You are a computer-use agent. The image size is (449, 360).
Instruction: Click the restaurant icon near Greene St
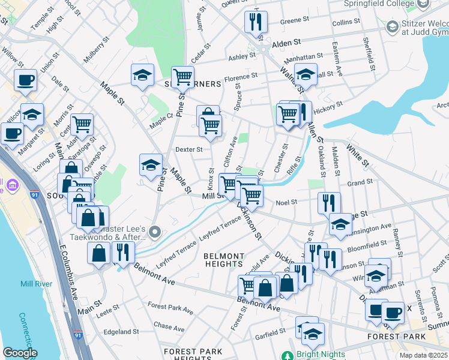click(x=256, y=22)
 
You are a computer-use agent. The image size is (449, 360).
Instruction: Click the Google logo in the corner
click(x=20, y=353)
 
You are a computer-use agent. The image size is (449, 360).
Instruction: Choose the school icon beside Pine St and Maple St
click(x=151, y=166)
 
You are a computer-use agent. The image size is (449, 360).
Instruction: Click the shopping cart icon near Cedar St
click(x=182, y=77)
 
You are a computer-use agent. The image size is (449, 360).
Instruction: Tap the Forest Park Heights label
click(x=193, y=355)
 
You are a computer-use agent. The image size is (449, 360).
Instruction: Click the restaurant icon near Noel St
click(x=329, y=203)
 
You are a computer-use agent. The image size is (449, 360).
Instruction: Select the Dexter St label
click(x=188, y=149)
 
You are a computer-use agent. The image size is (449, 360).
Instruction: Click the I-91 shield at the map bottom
click(x=78, y=335)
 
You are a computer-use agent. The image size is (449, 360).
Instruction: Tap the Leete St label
click(x=108, y=312)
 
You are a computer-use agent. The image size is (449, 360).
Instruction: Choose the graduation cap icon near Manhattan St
click(x=306, y=75)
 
